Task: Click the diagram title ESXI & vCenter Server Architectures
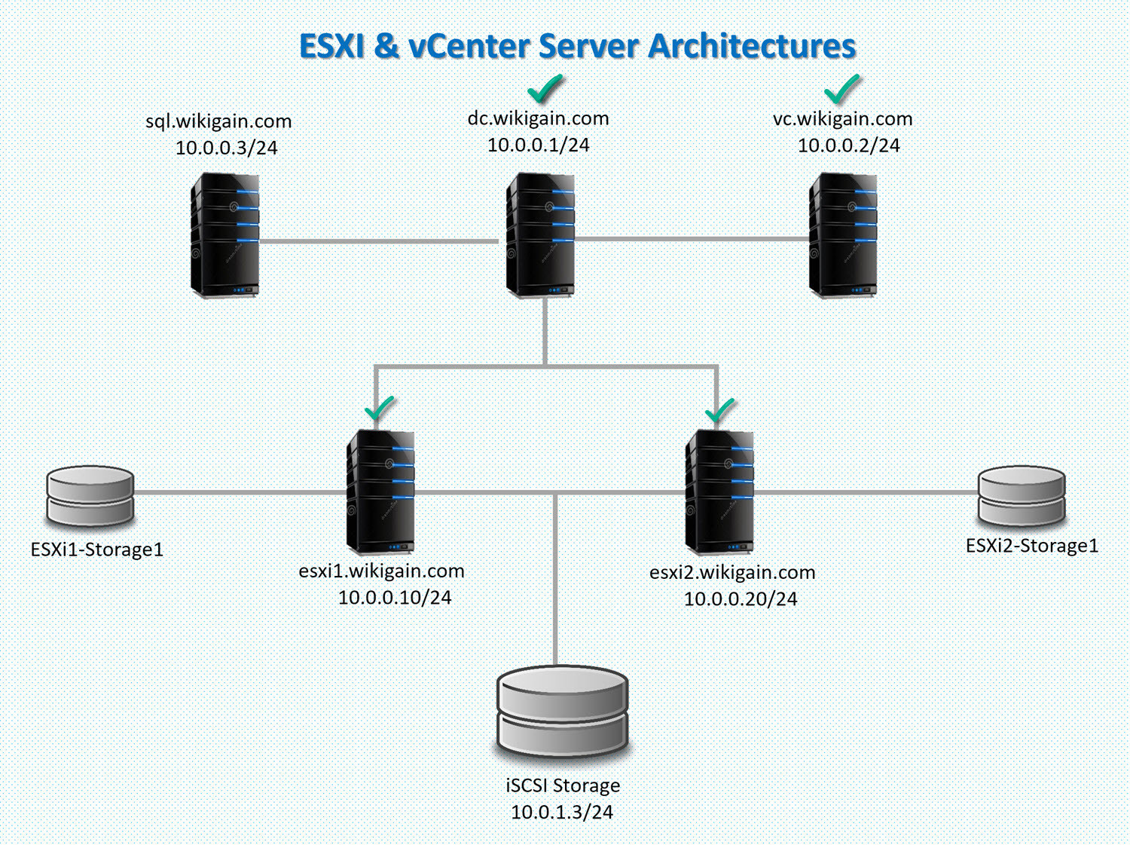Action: [x=577, y=46]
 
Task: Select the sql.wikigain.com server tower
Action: [x=225, y=235]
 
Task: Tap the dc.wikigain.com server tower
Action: [x=541, y=235]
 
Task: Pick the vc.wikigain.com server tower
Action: [x=843, y=235]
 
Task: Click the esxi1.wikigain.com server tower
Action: [x=380, y=491]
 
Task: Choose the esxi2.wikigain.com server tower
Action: [x=719, y=491]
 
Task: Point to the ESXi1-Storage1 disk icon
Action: [x=90, y=495]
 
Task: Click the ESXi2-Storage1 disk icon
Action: [x=1022, y=495]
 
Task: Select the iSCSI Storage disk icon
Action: [x=562, y=712]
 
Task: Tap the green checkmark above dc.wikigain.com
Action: [x=545, y=89]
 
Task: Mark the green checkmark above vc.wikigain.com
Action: [x=842, y=89]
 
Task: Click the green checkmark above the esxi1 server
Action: [x=380, y=409]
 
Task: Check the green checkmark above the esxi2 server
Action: [x=720, y=411]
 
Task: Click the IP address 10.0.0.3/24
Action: [x=227, y=148]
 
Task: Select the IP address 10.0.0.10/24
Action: [x=395, y=598]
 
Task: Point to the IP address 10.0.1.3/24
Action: [x=562, y=813]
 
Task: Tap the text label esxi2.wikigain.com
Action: [x=732, y=572]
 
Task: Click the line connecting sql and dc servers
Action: [x=377, y=241]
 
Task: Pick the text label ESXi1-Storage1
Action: [x=97, y=550]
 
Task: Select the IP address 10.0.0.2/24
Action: [x=848, y=145]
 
